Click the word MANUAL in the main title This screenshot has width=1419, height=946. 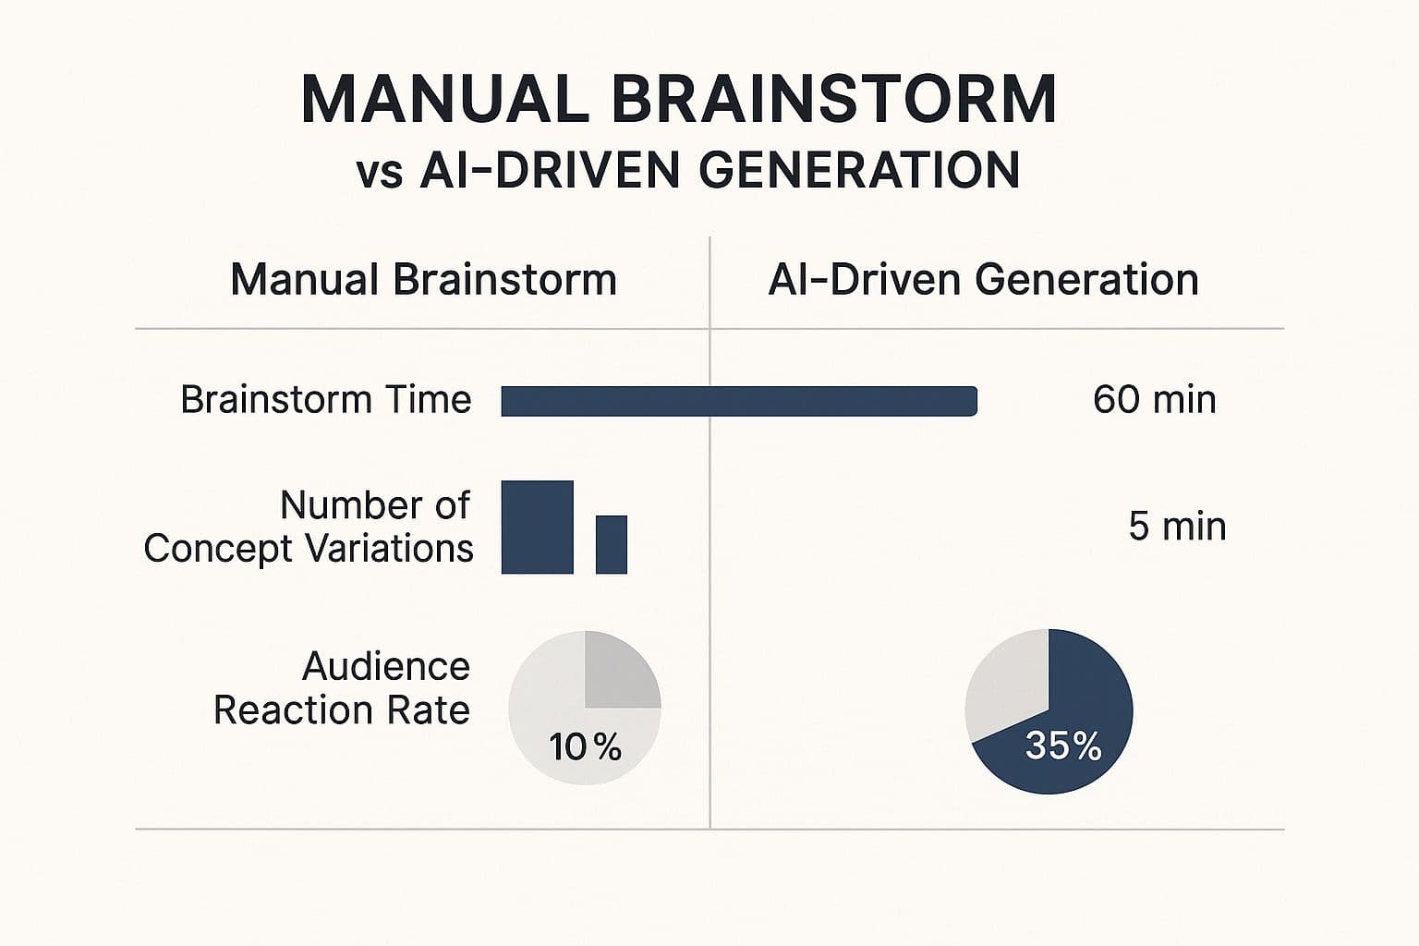point(444,99)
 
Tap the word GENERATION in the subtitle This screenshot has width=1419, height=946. point(858,171)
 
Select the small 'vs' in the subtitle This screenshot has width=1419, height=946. point(380,174)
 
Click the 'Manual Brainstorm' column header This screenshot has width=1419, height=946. point(423,280)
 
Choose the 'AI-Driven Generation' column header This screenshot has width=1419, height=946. point(983,280)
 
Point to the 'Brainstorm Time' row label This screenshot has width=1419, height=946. point(325,400)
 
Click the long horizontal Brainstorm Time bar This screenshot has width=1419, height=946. point(739,401)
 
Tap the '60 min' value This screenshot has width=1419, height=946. point(1154,400)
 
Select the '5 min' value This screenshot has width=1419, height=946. point(1177,527)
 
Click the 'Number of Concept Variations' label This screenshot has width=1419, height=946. point(309,527)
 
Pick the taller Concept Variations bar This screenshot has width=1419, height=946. point(537,527)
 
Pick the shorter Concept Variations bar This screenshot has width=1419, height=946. point(612,544)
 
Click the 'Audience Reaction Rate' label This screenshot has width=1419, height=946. point(342,688)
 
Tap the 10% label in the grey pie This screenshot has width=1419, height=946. point(585,746)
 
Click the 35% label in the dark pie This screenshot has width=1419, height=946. point(1063,746)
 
